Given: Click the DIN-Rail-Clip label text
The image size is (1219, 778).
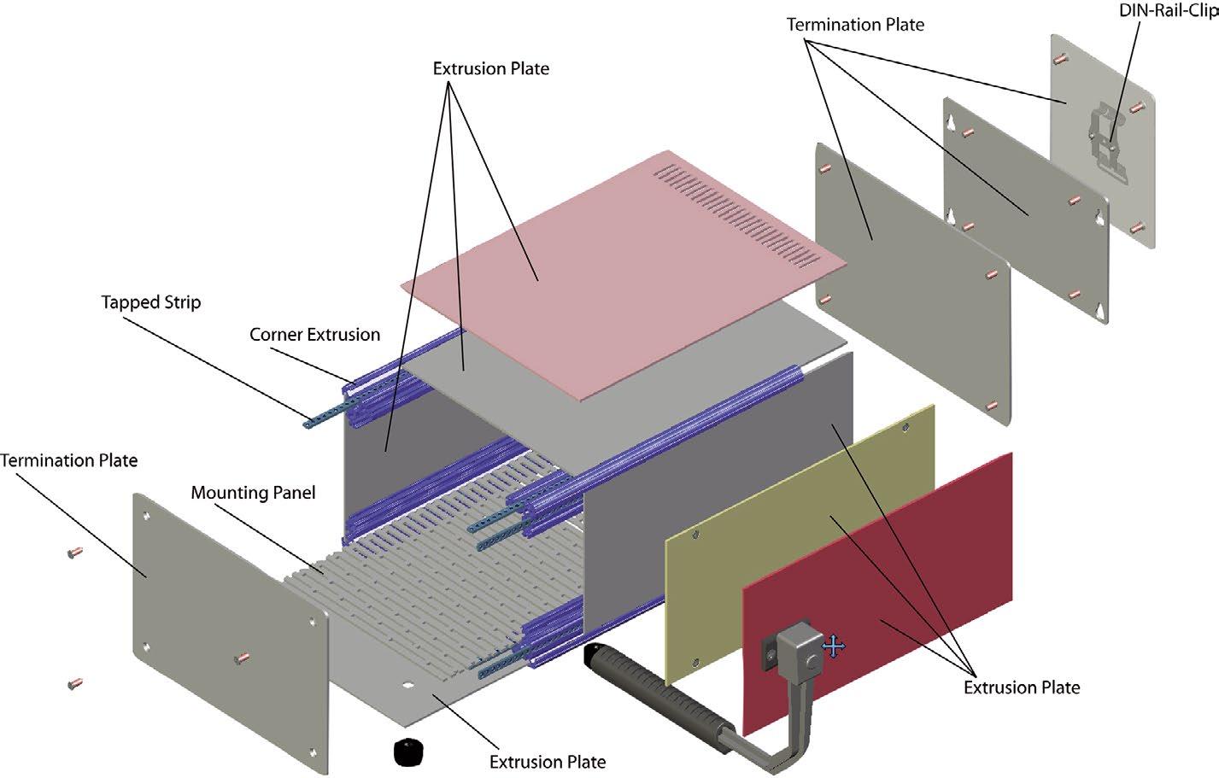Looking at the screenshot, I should pos(1168,11).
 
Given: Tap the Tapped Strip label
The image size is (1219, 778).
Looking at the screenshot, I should pos(151,302).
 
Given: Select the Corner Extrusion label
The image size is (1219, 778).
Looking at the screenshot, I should pos(314,335).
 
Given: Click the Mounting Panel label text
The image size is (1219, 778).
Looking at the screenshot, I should pos(253,493).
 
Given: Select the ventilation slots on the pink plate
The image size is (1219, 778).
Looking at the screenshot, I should pos(735,205).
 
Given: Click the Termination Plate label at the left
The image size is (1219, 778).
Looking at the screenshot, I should pos(68,460).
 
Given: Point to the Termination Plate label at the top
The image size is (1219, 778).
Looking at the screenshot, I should pos(855,25).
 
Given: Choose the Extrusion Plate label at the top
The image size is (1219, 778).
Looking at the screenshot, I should pos(490,68).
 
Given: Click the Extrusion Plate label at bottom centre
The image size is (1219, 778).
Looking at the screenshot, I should pos(548,762).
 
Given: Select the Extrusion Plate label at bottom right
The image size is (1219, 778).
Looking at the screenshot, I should pos(1022,687).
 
